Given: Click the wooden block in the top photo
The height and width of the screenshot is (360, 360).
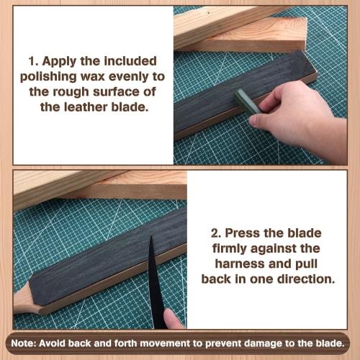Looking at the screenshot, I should pyautogui.click(x=238, y=29).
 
